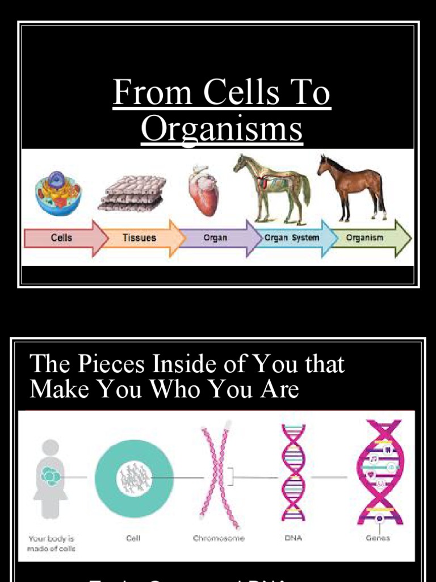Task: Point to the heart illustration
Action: pos(203,190)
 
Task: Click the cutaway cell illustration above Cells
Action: pos(58,193)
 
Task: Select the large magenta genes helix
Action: pos(379,472)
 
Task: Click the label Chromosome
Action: pos(219,538)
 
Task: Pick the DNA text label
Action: pos(293,538)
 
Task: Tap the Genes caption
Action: pos(378,538)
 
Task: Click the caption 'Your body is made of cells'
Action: pos(51,543)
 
